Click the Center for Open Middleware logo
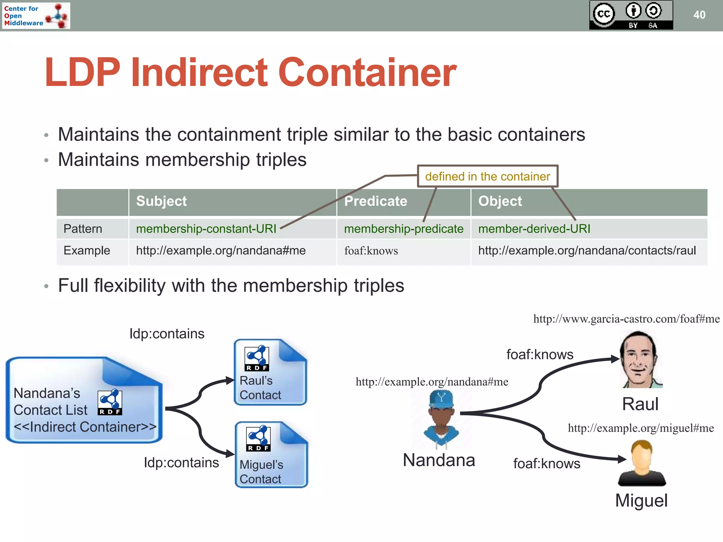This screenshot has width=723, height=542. tap(36, 16)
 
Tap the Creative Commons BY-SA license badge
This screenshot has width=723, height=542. tap(631, 15)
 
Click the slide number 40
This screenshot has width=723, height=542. tap(699, 15)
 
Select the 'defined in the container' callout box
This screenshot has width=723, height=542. tap(487, 176)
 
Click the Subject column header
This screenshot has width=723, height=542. tap(161, 201)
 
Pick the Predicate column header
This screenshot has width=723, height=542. tap(375, 201)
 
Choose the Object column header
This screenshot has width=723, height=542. tap(500, 201)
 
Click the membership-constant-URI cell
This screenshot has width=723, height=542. tap(206, 229)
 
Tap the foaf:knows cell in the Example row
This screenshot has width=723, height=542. tap(371, 251)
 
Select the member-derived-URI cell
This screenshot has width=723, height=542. tap(534, 229)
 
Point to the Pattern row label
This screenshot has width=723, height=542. tap(83, 229)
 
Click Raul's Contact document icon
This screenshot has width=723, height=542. tap(270, 372)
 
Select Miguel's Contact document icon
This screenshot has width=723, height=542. tap(271, 455)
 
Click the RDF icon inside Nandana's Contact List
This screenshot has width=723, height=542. tap(110, 402)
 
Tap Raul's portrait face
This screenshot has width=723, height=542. tap(640, 360)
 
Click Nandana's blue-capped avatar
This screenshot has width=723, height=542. tap(441, 418)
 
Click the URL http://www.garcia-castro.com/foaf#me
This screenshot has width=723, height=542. tap(626, 319)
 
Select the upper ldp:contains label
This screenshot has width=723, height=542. tap(167, 334)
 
